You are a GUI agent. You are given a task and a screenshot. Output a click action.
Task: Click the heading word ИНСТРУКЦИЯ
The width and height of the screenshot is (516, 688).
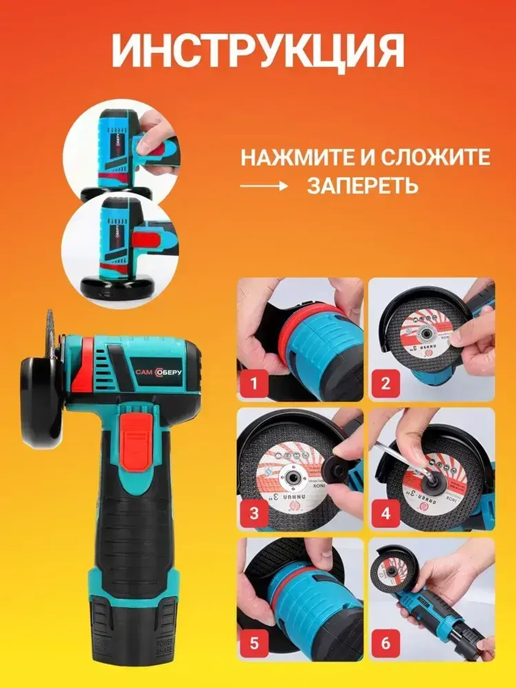tap(258, 51)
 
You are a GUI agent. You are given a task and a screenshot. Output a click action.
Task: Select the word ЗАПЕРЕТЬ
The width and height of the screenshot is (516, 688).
tap(362, 184)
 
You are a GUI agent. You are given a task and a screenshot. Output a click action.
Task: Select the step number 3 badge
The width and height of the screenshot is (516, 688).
tap(253, 514)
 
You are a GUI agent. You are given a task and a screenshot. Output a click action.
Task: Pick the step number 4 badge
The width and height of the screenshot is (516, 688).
tap(385, 514)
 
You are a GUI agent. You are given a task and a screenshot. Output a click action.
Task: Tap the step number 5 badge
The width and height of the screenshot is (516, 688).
tap(253, 644)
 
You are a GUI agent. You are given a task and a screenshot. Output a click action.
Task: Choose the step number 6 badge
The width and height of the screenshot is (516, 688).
tap(385, 644)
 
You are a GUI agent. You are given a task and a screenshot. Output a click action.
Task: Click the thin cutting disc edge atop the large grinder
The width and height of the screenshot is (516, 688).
tap(52, 330)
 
